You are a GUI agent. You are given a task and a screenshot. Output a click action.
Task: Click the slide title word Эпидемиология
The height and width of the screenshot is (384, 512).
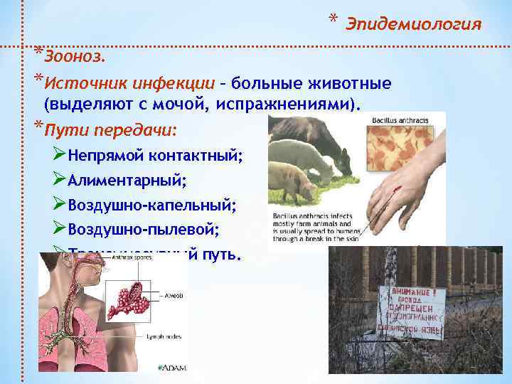(x=413, y=25)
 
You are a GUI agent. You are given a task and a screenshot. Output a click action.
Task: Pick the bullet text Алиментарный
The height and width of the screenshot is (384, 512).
(x=127, y=180)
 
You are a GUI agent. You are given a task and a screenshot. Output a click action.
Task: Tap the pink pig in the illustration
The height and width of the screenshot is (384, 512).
(x=294, y=184)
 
